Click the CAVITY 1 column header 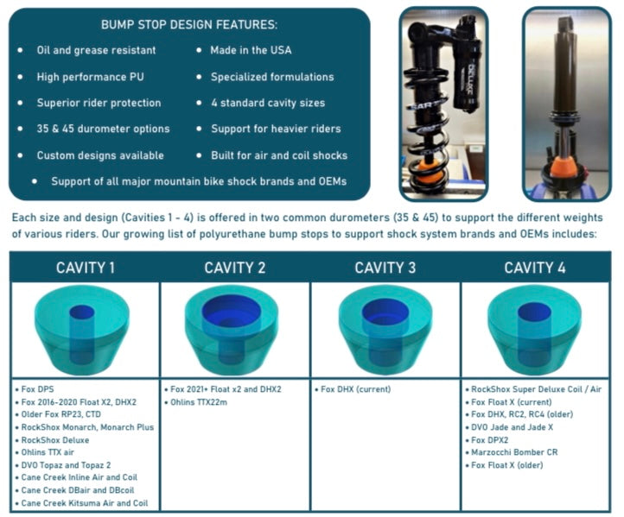click(x=85, y=268)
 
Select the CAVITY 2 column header click(x=235, y=268)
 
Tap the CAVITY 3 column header click(x=385, y=268)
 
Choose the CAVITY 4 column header click(x=536, y=268)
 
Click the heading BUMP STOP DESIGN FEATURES click(x=190, y=25)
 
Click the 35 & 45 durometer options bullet click(x=103, y=129)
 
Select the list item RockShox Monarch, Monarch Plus click(x=87, y=426)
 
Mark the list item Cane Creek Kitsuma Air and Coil click(x=84, y=502)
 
